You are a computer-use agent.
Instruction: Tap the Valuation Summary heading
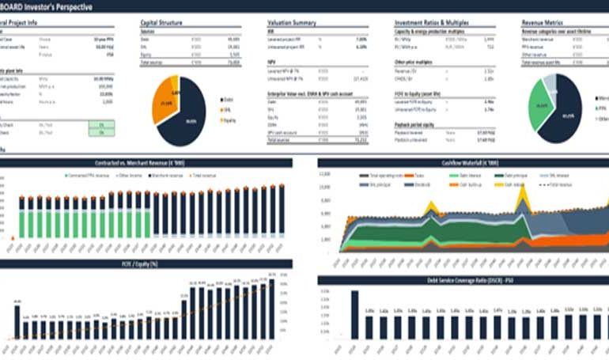click(x=293, y=23)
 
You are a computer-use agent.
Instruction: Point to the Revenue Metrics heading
click(x=543, y=23)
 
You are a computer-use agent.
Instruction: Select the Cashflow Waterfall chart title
click(x=463, y=162)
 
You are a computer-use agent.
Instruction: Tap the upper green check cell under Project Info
click(x=100, y=124)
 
